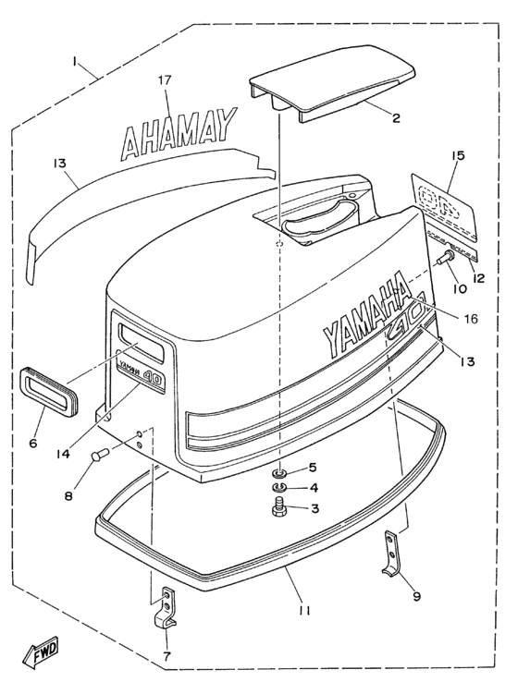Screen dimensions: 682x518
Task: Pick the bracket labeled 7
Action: (x=164, y=610)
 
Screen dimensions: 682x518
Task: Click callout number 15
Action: (x=457, y=156)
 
